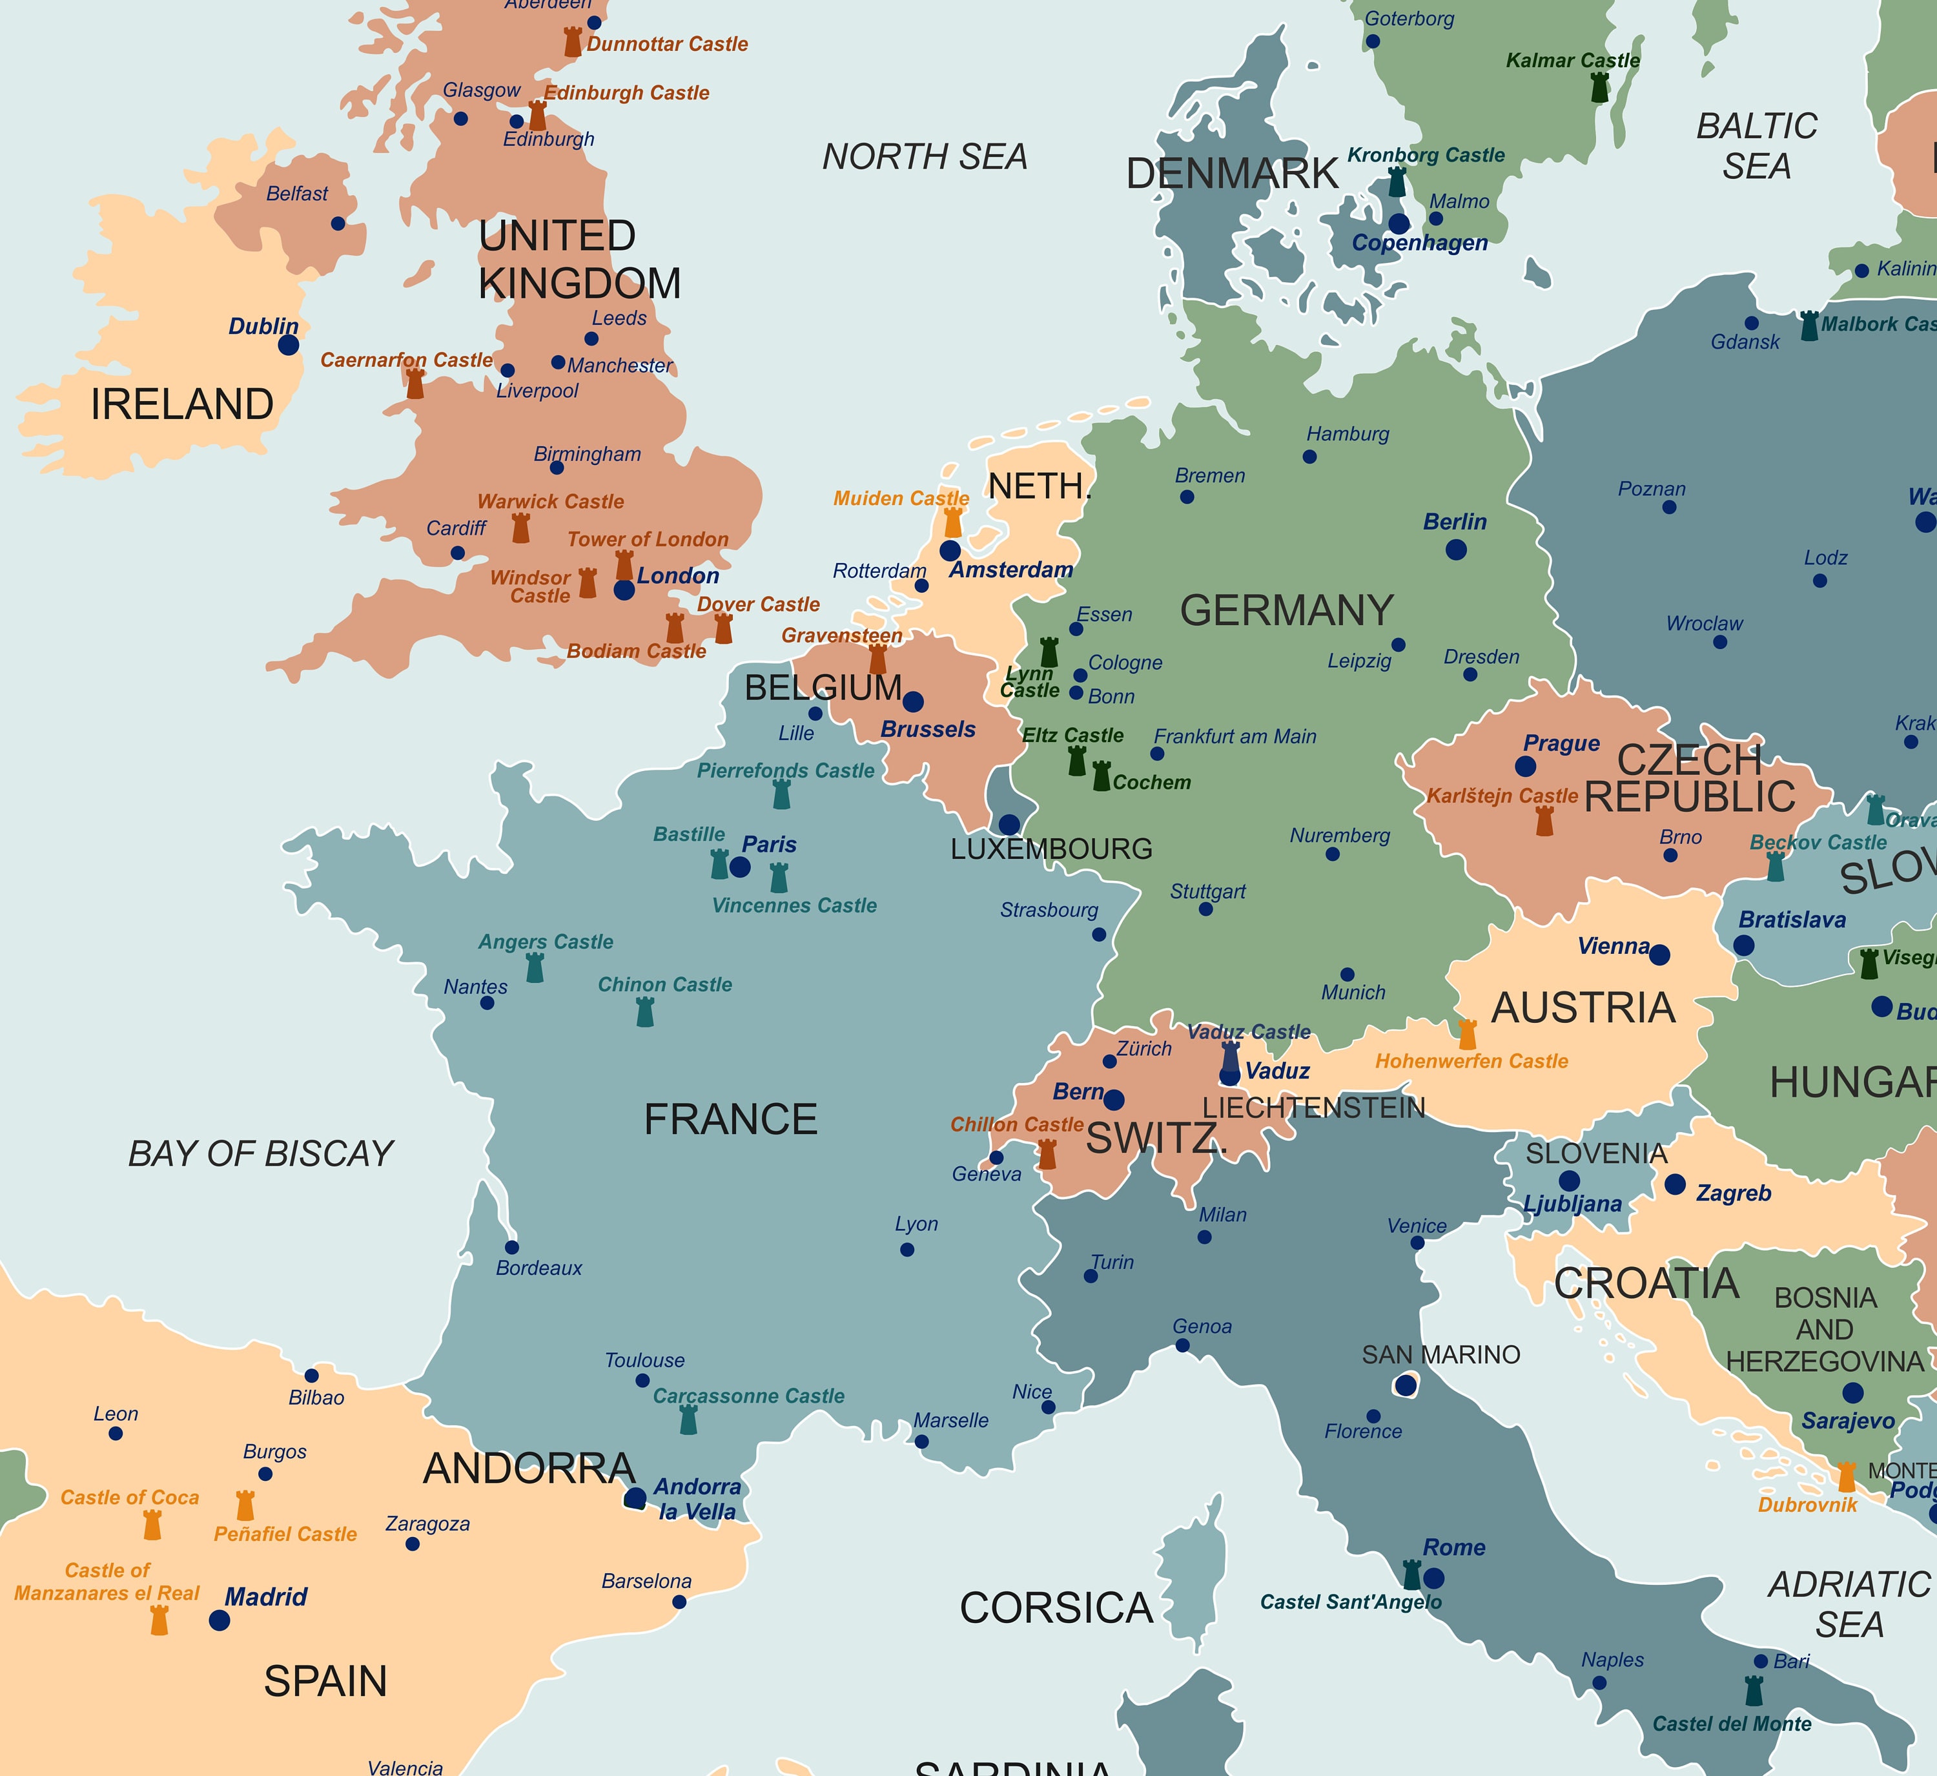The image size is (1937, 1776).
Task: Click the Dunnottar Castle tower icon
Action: pyautogui.click(x=573, y=42)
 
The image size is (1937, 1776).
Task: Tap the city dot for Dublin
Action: pyautogui.click(x=288, y=345)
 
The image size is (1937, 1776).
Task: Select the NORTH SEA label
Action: pyautogui.click(x=925, y=157)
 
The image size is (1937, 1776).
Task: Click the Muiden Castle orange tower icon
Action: pyautogui.click(x=952, y=523)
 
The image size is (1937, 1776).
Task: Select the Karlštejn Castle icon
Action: pyautogui.click(x=1544, y=821)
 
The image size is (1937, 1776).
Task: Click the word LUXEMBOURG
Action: pyautogui.click(x=1051, y=849)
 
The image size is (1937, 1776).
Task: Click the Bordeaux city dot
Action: pyautogui.click(x=512, y=1248)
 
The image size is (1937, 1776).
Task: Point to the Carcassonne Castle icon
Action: pyautogui.click(x=688, y=1420)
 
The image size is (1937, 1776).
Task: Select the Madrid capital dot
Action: pyautogui.click(x=219, y=1620)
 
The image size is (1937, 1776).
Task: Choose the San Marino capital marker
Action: pyautogui.click(x=1406, y=1385)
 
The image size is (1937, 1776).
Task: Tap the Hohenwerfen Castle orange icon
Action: pyautogui.click(x=1467, y=1034)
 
